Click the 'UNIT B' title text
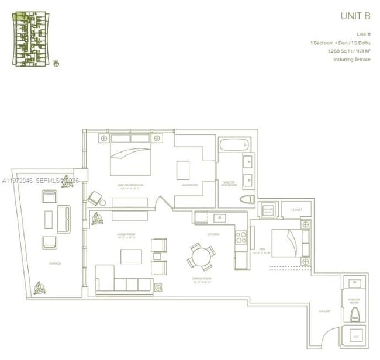point(355,16)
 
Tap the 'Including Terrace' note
point(352,60)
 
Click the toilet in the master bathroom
point(247,200)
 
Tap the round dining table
point(201,255)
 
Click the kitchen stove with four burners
point(241,237)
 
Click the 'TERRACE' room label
point(54,264)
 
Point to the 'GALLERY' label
point(324,311)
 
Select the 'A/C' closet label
point(355,337)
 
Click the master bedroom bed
point(131,158)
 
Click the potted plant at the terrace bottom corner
point(40,288)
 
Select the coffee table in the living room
point(131,257)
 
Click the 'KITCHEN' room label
point(213,234)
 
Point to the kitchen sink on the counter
point(221,218)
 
